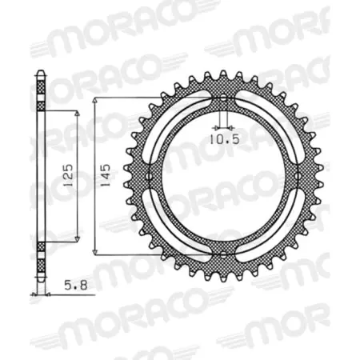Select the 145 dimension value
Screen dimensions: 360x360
[106, 174]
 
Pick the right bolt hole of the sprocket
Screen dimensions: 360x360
[297, 174]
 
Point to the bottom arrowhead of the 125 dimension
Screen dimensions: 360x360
[78, 238]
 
